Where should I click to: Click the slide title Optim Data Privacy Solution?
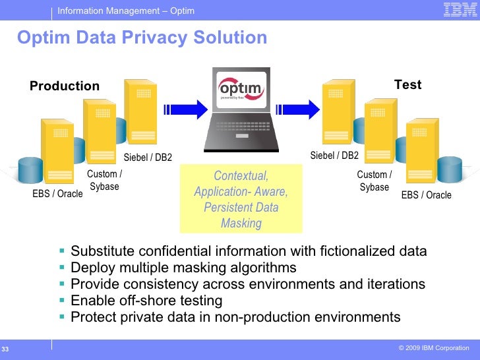coord(142,38)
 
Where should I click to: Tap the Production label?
coord(65,86)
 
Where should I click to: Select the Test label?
coord(407,85)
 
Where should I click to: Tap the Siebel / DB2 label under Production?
coord(148,157)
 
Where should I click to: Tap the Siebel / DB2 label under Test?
coord(334,156)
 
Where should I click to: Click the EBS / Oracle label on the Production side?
coord(58,194)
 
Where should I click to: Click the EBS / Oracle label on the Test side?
coord(427,195)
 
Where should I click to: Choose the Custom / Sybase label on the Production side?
coord(104,180)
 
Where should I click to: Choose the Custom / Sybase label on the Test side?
coord(374,181)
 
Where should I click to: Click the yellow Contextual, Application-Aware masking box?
coord(241,199)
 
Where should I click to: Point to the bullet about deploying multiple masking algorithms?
coord(183,268)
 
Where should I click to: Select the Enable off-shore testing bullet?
coord(146,301)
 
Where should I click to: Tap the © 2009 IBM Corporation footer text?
coord(434,347)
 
